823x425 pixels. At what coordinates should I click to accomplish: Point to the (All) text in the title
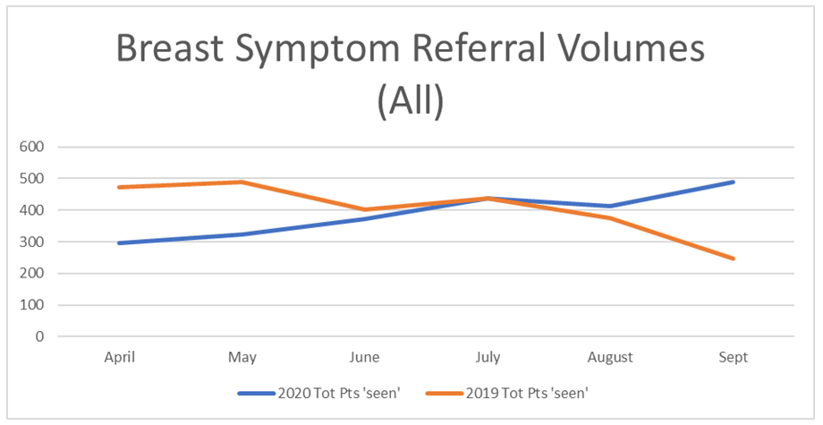pos(411,101)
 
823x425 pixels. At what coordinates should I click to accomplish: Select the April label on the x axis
pos(120,357)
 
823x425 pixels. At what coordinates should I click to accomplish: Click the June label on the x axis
pos(365,357)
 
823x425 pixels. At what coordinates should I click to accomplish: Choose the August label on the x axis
pos(610,357)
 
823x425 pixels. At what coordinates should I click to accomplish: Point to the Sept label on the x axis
pos(733,357)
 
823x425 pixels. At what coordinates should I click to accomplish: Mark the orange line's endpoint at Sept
pos(733,259)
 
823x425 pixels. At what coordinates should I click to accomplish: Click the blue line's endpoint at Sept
pos(733,182)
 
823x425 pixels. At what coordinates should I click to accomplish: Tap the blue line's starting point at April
pos(120,242)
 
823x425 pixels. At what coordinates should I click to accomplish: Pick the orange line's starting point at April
pos(120,187)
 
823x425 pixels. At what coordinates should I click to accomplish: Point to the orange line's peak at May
pos(242,182)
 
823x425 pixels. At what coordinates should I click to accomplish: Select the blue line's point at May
pos(242,234)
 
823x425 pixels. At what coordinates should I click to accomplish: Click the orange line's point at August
pos(610,217)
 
